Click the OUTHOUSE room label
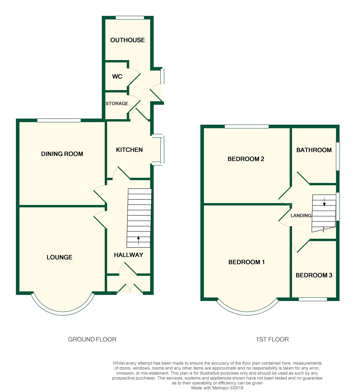tap(128, 40)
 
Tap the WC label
tap(117, 76)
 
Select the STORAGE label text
tap(117, 103)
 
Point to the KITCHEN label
tap(129, 150)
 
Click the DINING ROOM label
tap(62, 154)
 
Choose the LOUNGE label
tap(59, 257)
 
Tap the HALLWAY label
tap(128, 255)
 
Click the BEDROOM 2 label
tap(246, 159)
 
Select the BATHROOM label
tap(314, 150)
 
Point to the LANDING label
tap(301, 216)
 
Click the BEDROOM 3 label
tap(314, 275)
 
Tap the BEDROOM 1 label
tap(246, 262)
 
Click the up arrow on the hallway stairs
tap(138, 240)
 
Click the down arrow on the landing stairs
tap(324, 202)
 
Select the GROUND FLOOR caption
tap(92, 339)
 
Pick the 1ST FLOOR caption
tap(272, 339)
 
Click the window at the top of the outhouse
tap(130, 18)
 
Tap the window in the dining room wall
tap(59, 120)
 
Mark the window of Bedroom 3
tap(313, 299)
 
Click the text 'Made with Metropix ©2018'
tap(217, 388)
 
